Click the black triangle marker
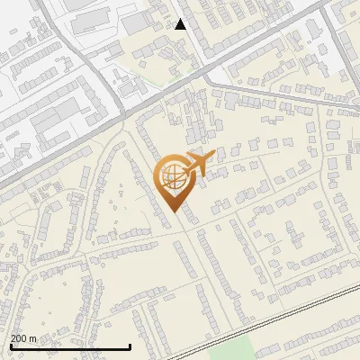pos(180,24)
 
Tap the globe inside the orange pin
pos(171,175)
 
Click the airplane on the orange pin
pos(196,165)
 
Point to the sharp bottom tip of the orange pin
pos(171,211)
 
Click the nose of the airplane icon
pos(213,157)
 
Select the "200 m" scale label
pos(24,338)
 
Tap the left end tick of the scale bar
pos(11,345)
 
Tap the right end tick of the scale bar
pos(130,345)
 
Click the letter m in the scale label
pos(34,338)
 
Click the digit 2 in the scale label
pos(13,338)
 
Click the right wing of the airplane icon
pos(199,173)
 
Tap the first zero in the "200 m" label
pos(19,338)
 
